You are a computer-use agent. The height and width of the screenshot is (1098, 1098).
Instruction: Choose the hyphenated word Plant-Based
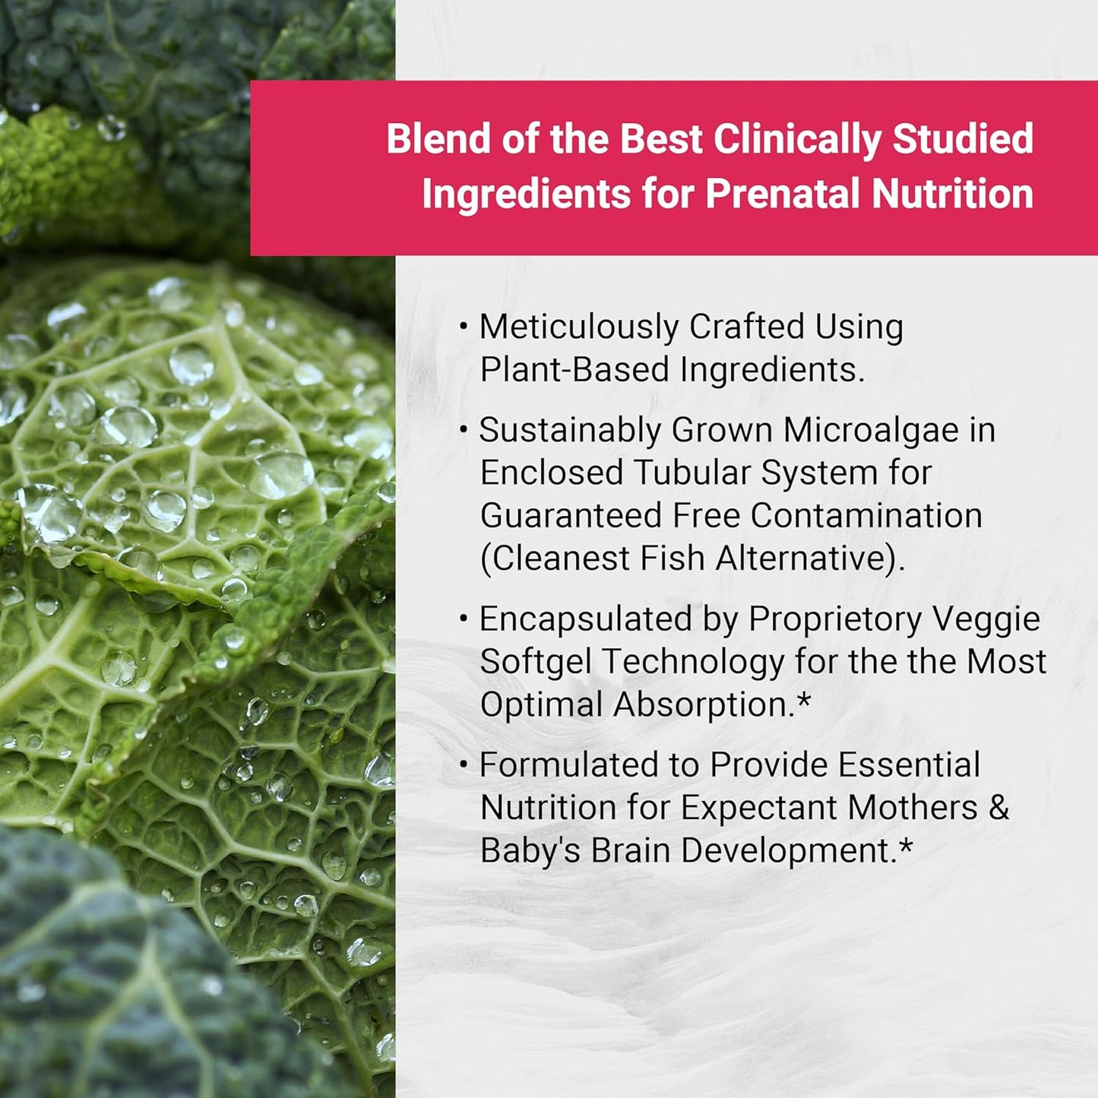tap(574, 370)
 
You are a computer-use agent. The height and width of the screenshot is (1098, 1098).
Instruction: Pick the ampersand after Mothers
tap(999, 808)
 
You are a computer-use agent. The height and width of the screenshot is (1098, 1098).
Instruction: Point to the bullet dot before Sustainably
tap(464, 431)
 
